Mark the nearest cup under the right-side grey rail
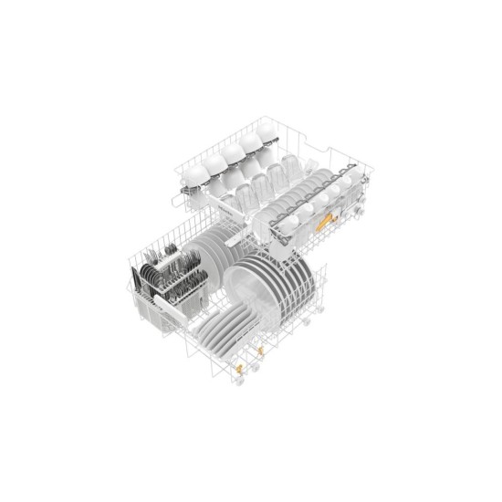285,226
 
